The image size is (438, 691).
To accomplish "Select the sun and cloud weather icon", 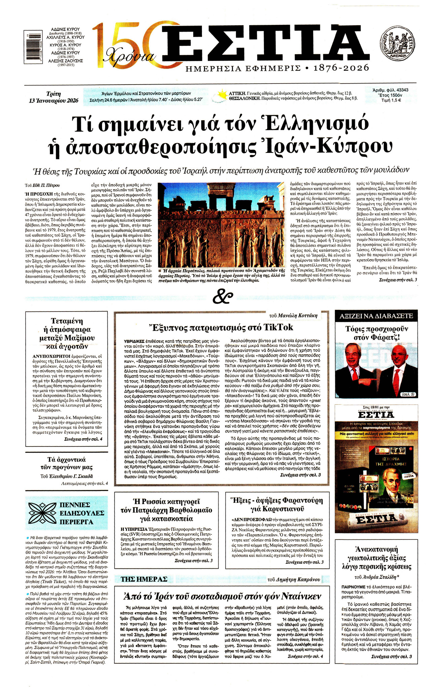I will click(x=220, y=96).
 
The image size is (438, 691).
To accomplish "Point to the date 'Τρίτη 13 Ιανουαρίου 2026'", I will click(x=54, y=97).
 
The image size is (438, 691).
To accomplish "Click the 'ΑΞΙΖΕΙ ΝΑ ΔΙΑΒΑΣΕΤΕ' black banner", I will click(x=376, y=316).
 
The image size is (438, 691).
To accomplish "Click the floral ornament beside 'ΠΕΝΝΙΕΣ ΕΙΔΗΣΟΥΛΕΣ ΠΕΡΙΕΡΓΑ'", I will click(x=42, y=513).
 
